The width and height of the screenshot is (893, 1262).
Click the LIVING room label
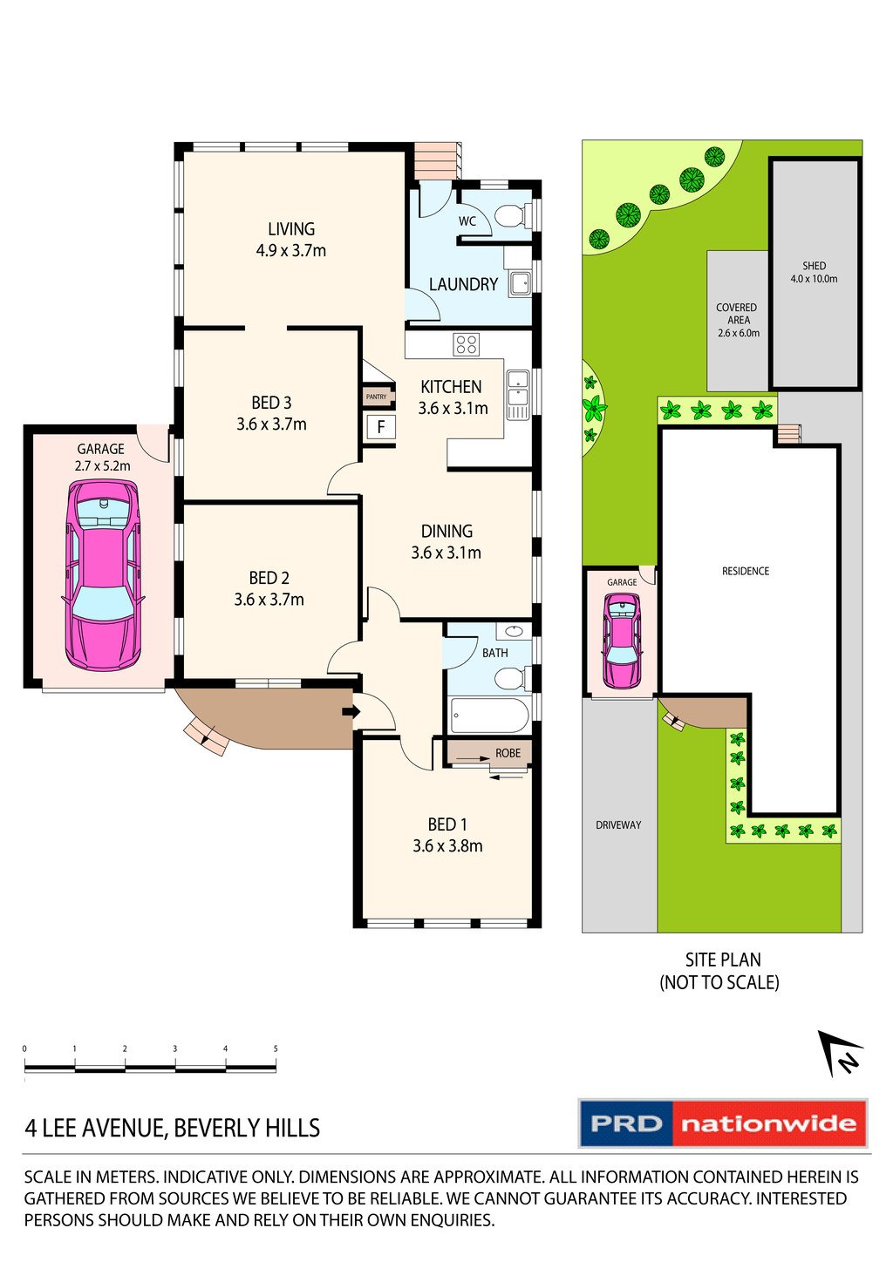291,229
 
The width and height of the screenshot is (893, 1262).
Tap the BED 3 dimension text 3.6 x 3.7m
271,424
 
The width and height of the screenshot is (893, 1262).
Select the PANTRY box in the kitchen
377,397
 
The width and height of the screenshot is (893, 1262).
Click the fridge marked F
380,427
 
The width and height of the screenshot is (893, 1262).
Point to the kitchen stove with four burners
466,344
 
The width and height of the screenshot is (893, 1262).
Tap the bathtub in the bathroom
489,716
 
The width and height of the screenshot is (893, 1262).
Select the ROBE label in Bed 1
508,753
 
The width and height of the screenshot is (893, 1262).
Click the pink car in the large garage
102,574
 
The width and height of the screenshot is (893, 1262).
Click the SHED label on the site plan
814,266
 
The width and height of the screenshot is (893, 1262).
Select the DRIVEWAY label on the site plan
618,824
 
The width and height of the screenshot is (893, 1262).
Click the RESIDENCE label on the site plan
746,571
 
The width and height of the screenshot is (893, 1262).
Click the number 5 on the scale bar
276,1048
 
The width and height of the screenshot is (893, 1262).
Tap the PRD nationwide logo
723,1123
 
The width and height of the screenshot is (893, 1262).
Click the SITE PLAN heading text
722,960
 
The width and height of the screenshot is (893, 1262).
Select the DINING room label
446,531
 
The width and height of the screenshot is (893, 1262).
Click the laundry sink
520,282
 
